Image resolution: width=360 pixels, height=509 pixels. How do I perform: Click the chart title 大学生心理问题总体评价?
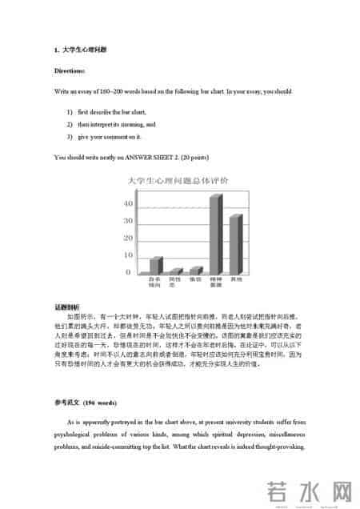[179, 182]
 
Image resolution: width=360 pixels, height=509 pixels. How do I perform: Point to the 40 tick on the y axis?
[129, 204]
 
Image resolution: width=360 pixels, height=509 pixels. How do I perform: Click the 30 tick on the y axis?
[129, 222]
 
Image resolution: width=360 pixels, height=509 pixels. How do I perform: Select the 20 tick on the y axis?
[129, 238]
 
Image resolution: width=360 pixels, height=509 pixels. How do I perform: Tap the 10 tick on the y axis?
[129, 255]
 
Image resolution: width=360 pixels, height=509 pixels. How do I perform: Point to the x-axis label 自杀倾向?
[154, 282]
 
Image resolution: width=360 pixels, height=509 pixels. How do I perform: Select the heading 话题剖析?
[67, 307]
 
